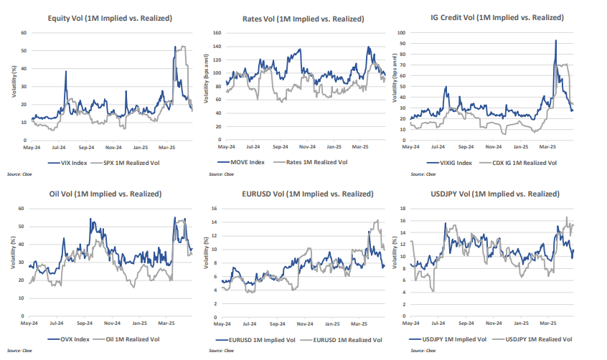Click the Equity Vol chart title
click(109, 18)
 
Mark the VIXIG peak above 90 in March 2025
click(555, 41)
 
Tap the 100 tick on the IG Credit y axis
click(402, 32)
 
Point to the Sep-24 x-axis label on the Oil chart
click(86, 324)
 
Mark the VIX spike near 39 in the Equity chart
click(65, 71)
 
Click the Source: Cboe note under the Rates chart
click(218, 174)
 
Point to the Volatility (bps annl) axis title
click(207, 79)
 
